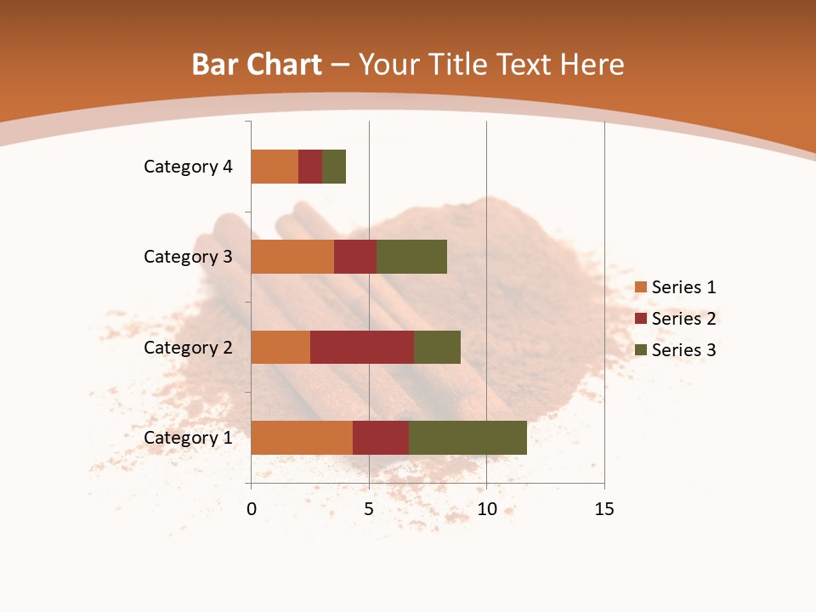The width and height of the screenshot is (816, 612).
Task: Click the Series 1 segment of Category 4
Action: click(275, 167)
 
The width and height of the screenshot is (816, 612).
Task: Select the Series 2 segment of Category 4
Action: click(310, 167)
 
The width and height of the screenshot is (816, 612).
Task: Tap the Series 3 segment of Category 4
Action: click(334, 167)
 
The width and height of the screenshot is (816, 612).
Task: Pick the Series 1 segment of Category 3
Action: click(292, 257)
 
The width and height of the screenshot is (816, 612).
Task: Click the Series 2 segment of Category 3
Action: click(355, 257)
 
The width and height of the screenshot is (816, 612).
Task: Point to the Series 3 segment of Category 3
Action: click(411, 257)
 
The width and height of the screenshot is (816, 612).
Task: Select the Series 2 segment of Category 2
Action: click(362, 347)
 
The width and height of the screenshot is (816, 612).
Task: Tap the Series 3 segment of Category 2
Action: click(437, 347)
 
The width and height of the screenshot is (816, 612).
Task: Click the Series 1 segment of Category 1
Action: click(302, 438)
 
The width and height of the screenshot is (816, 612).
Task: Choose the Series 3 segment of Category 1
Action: click(467, 438)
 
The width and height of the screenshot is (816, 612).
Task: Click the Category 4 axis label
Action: click(188, 167)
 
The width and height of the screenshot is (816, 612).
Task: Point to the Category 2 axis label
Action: click(188, 348)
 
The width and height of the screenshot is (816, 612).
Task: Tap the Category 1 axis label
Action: click(188, 438)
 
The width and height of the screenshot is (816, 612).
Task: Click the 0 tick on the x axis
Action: click(252, 509)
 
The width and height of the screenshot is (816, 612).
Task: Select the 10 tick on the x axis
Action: click(486, 509)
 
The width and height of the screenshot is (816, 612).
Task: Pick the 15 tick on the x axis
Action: click(603, 509)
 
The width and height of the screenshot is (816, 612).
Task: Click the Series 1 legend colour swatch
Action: click(640, 287)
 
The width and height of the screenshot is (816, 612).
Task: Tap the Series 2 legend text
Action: click(683, 319)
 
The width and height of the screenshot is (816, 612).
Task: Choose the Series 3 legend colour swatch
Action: click(640, 350)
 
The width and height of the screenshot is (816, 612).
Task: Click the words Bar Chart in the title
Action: click(257, 65)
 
